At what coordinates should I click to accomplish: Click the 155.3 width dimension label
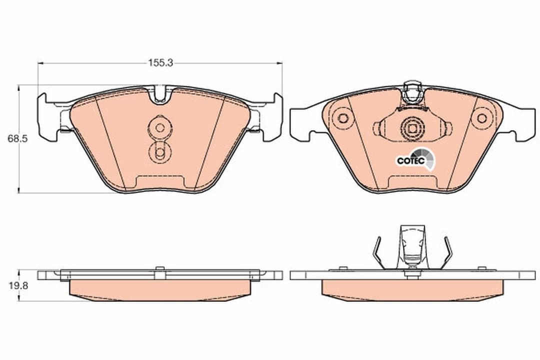click(160, 63)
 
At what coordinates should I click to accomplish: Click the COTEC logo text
click(410, 160)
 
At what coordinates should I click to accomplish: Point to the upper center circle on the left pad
click(159, 127)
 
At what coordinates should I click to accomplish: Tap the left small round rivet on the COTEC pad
click(343, 118)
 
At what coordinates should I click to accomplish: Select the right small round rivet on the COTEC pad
click(481, 118)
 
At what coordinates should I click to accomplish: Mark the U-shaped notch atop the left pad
click(160, 94)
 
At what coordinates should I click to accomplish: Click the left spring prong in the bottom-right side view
click(378, 252)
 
